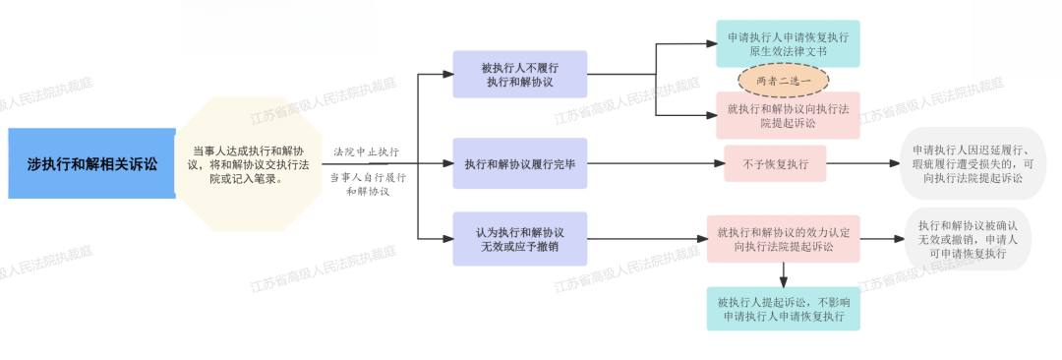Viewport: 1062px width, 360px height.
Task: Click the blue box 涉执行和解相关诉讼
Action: pos(92,163)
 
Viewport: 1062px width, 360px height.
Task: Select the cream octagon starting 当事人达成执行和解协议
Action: pos(248,164)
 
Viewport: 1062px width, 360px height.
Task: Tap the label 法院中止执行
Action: pos(367,151)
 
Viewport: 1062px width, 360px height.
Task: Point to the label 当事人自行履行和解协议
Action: pos(368,184)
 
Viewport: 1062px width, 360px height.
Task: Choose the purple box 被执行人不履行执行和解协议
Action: pos(520,74)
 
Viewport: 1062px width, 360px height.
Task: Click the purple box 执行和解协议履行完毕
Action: pos(520,163)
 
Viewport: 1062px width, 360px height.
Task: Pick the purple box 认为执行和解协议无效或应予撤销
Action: pos(520,239)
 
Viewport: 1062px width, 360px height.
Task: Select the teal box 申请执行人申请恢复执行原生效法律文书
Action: pos(789,43)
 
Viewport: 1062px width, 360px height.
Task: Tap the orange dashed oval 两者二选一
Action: pos(784,80)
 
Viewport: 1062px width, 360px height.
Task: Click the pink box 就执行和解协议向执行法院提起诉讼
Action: pos(789,115)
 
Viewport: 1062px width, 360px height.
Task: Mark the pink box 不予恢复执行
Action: pos(775,163)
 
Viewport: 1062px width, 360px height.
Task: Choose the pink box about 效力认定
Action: pos(784,239)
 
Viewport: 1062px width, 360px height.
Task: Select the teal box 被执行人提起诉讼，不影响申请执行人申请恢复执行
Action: pos(784,309)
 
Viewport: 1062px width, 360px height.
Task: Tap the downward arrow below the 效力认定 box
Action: pos(784,274)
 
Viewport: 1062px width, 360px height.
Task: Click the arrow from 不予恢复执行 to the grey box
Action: pos(863,163)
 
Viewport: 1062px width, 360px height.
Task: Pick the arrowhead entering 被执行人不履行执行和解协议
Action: pos(447,74)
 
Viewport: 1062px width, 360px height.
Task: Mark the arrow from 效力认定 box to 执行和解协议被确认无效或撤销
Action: pos(882,239)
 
